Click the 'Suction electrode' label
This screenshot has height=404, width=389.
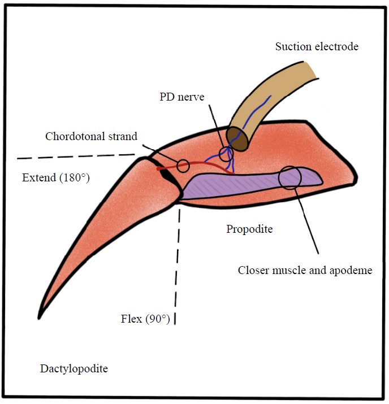(317, 46)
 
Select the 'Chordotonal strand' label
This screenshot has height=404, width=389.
(91, 137)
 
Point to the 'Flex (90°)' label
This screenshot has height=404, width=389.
(145, 319)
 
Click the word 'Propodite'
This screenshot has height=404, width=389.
(250, 229)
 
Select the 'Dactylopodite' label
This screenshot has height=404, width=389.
(74, 369)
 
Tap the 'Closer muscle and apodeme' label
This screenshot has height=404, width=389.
(305, 270)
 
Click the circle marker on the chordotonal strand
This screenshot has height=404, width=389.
(183, 165)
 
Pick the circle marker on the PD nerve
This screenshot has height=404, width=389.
(226, 154)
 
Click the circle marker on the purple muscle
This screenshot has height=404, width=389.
(290, 177)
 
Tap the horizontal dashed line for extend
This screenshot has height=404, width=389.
(74, 156)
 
